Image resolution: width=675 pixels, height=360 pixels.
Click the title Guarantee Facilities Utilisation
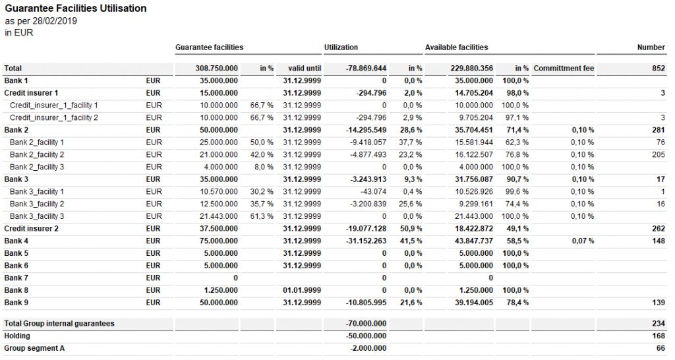pyautogui.click(x=75, y=9)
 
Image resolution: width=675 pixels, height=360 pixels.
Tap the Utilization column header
pyautogui.click(x=341, y=47)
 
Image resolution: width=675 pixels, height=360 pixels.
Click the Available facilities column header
pyautogui.click(x=456, y=47)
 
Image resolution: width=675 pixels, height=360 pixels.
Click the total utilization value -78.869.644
pyautogui.click(x=366, y=69)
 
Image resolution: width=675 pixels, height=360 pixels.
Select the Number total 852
pyautogui.click(x=658, y=69)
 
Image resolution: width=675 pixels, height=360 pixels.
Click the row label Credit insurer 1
pyautogui.click(x=31, y=93)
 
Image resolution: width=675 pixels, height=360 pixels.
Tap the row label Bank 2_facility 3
pyautogui.click(x=37, y=167)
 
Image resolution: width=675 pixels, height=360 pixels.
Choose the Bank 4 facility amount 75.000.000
pyautogui.click(x=218, y=241)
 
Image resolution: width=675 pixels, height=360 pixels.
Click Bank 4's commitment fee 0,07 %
pyautogui.click(x=583, y=241)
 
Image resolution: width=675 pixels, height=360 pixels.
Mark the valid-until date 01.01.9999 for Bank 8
pyautogui.click(x=302, y=290)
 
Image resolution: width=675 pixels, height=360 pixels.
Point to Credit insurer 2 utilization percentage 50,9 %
pyautogui.click(x=413, y=229)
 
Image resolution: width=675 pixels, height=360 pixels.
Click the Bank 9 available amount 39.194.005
pyautogui.click(x=471, y=303)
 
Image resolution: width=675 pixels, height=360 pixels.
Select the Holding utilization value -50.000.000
pyautogui.click(x=365, y=336)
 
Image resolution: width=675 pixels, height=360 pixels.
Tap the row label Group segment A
pyautogui.click(x=34, y=348)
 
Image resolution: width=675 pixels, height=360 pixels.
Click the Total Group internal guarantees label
pyautogui.click(x=59, y=324)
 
